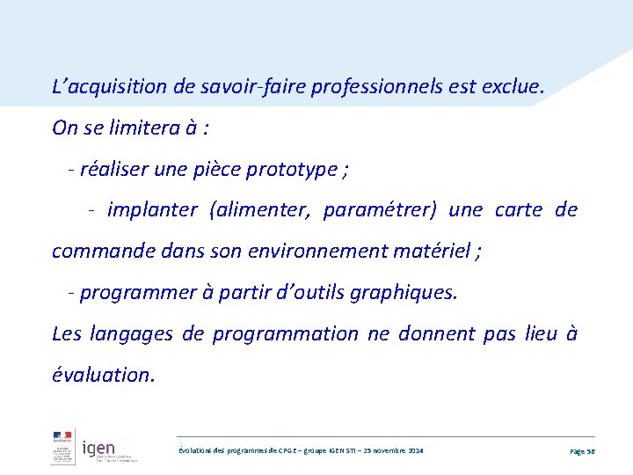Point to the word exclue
(515, 87)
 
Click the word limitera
(142, 128)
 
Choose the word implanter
(152, 209)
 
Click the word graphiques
(404, 292)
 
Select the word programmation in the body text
(286, 333)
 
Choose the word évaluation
(103, 375)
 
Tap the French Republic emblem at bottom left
(62, 446)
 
